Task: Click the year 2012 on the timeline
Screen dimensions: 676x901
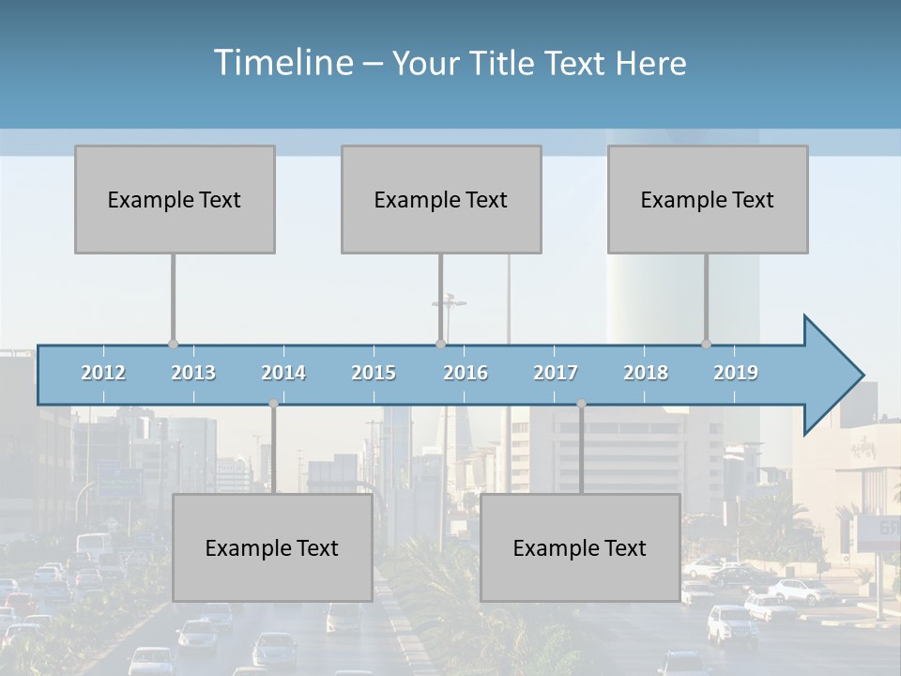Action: pyautogui.click(x=103, y=373)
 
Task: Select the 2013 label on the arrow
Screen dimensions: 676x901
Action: pyautogui.click(x=193, y=373)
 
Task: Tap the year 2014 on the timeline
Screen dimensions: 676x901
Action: pyautogui.click(x=283, y=373)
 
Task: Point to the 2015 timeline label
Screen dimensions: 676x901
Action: pyautogui.click(x=374, y=373)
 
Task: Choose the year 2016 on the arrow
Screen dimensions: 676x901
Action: pyautogui.click(x=466, y=373)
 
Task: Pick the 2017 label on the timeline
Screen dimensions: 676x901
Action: pyautogui.click(x=556, y=373)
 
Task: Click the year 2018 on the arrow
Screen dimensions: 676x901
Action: pyautogui.click(x=646, y=373)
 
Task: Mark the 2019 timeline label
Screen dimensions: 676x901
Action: pyautogui.click(x=736, y=373)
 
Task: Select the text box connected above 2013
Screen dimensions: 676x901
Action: pyautogui.click(x=175, y=199)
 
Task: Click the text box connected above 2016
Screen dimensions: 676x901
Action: pyautogui.click(x=441, y=199)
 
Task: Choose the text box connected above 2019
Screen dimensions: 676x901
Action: pyautogui.click(x=708, y=199)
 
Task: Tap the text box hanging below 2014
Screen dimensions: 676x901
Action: pyautogui.click(x=272, y=547)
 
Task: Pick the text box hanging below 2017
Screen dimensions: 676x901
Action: pyautogui.click(x=580, y=547)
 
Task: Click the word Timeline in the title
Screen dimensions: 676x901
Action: pyautogui.click(x=282, y=63)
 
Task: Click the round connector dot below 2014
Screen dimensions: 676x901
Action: pyautogui.click(x=273, y=404)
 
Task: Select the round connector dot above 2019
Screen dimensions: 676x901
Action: pyautogui.click(x=707, y=345)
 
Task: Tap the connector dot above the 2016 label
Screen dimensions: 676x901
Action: pyautogui.click(x=440, y=345)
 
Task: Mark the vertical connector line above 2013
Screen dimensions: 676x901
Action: pyautogui.click(x=174, y=299)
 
